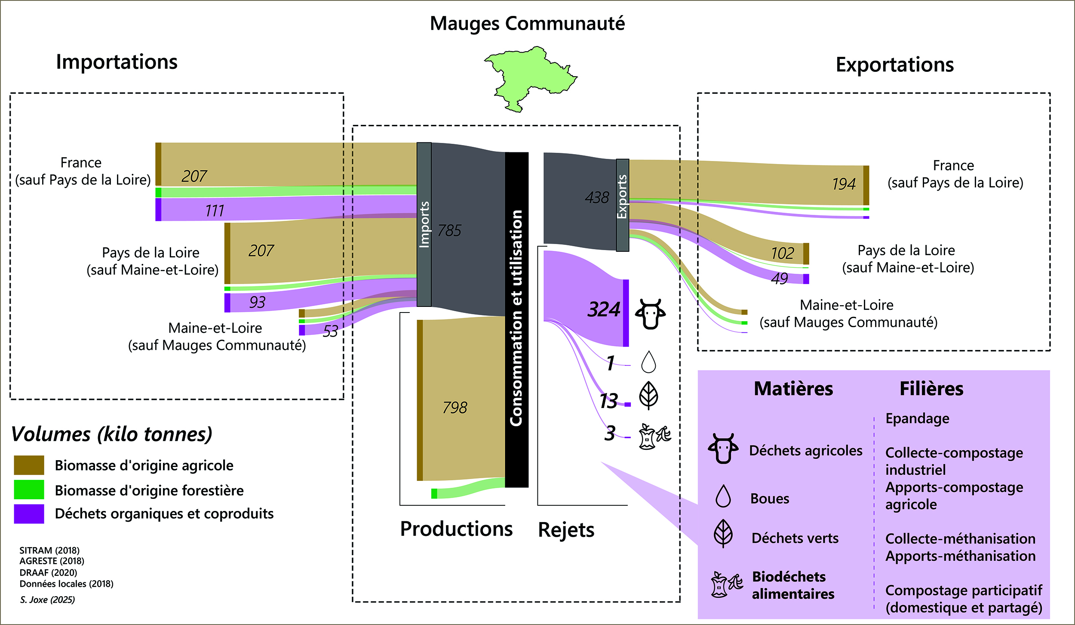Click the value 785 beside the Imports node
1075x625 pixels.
(x=449, y=231)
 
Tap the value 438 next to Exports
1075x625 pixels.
(x=597, y=198)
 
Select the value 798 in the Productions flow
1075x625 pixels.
(x=455, y=407)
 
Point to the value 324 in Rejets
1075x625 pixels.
(x=604, y=309)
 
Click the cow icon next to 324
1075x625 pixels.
(x=650, y=314)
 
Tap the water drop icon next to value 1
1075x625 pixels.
(x=648, y=362)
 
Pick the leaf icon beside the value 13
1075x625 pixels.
(x=648, y=396)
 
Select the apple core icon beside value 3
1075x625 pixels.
(x=654, y=436)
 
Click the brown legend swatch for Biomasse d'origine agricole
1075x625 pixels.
(x=29, y=465)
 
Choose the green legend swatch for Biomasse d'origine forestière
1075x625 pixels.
(x=29, y=489)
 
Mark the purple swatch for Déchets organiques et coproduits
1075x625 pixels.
(x=29, y=514)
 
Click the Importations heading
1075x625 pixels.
(x=117, y=62)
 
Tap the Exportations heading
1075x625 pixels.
(x=894, y=65)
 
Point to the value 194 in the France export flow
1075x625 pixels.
(x=844, y=184)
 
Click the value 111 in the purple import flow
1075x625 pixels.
(x=215, y=211)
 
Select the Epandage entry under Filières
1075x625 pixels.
(x=917, y=418)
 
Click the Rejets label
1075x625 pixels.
(x=566, y=530)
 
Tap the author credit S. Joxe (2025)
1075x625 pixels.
(x=47, y=600)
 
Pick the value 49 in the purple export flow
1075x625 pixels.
(x=779, y=279)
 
